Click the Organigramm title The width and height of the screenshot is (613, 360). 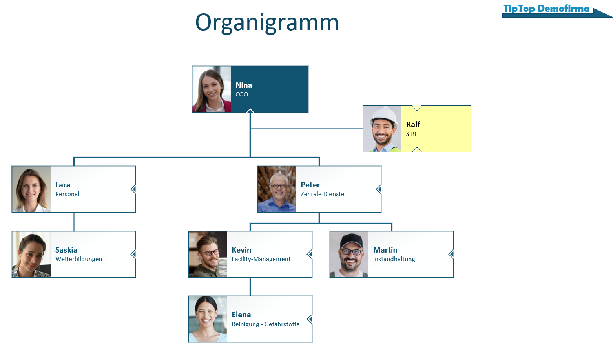click(x=267, y=23)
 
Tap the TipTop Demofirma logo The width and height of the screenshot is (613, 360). click(x=546, y=9)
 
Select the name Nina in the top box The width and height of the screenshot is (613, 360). click(x=244, y=85)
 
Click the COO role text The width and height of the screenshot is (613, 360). click(x=242, y=95)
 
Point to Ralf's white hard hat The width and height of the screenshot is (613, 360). click(x=384, y=113)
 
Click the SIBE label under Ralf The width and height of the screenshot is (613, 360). click(x=412, y=134)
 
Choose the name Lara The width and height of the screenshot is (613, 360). click(x=63, y=185)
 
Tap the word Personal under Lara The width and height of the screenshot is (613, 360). click(x=67, y=194)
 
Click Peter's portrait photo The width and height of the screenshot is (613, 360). click(x=277, y=189)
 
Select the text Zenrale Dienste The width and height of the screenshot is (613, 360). click(x=322, y=194)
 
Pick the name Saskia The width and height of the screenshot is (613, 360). click(x=66, y=250)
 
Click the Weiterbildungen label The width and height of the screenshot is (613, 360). click(x=78, y=259)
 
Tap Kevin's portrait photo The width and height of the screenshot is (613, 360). click(x=208, y=254)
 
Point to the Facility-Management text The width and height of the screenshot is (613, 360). click(x=261, y=259)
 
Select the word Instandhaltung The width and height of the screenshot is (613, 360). click(x=394, y=259)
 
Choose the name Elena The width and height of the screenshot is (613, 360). click(x=241, y=315)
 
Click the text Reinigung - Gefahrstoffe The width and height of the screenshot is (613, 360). click(x=265, y=324)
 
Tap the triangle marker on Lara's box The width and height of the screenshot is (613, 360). click(x=133, y=189)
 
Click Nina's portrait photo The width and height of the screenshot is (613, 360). click(x=212, y=89)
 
